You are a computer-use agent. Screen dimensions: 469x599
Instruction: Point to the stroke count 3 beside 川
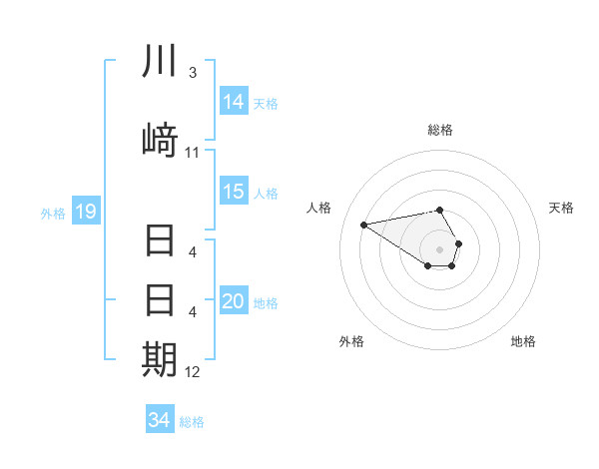192,73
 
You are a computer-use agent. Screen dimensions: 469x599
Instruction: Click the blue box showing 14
234,101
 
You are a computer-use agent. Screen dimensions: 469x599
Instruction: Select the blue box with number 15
234,192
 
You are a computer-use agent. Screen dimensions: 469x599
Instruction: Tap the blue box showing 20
234,301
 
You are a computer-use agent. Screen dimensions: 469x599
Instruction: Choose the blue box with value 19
85,212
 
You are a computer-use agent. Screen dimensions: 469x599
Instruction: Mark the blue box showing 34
159,420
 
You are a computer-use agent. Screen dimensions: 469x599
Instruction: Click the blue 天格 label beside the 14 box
266,103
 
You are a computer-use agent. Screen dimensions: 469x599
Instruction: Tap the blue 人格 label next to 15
266,193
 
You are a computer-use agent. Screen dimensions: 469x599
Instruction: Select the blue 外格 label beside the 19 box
53,213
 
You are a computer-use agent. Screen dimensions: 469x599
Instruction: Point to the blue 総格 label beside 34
192,422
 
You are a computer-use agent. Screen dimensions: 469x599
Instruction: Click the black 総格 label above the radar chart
439,130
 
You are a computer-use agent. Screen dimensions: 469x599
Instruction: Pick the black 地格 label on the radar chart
523,341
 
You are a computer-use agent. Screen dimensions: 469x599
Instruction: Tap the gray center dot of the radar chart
439,248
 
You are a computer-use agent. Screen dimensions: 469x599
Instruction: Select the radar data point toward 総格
439,210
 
